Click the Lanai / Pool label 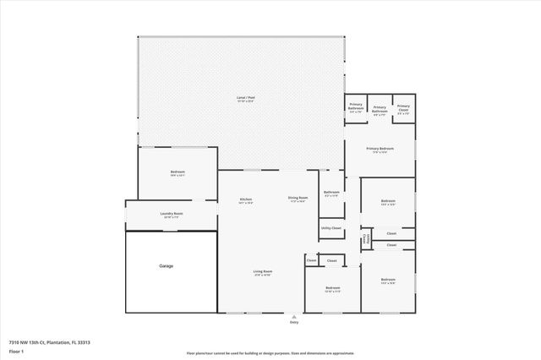coord(246,98)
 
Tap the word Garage coord(167,266)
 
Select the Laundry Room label coord(172,213)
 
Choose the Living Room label coord(262,271)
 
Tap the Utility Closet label coord(331,228)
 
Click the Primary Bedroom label coord(379,149)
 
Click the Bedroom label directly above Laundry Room coord(178,172)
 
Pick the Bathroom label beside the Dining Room coord(331,192)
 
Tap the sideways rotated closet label coord(365,241)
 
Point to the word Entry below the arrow coord(294,323)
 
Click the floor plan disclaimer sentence coord(270,352)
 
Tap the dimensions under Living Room coord(262,275)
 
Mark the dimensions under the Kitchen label coord(246,202)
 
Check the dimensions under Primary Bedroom coord(379,153)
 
